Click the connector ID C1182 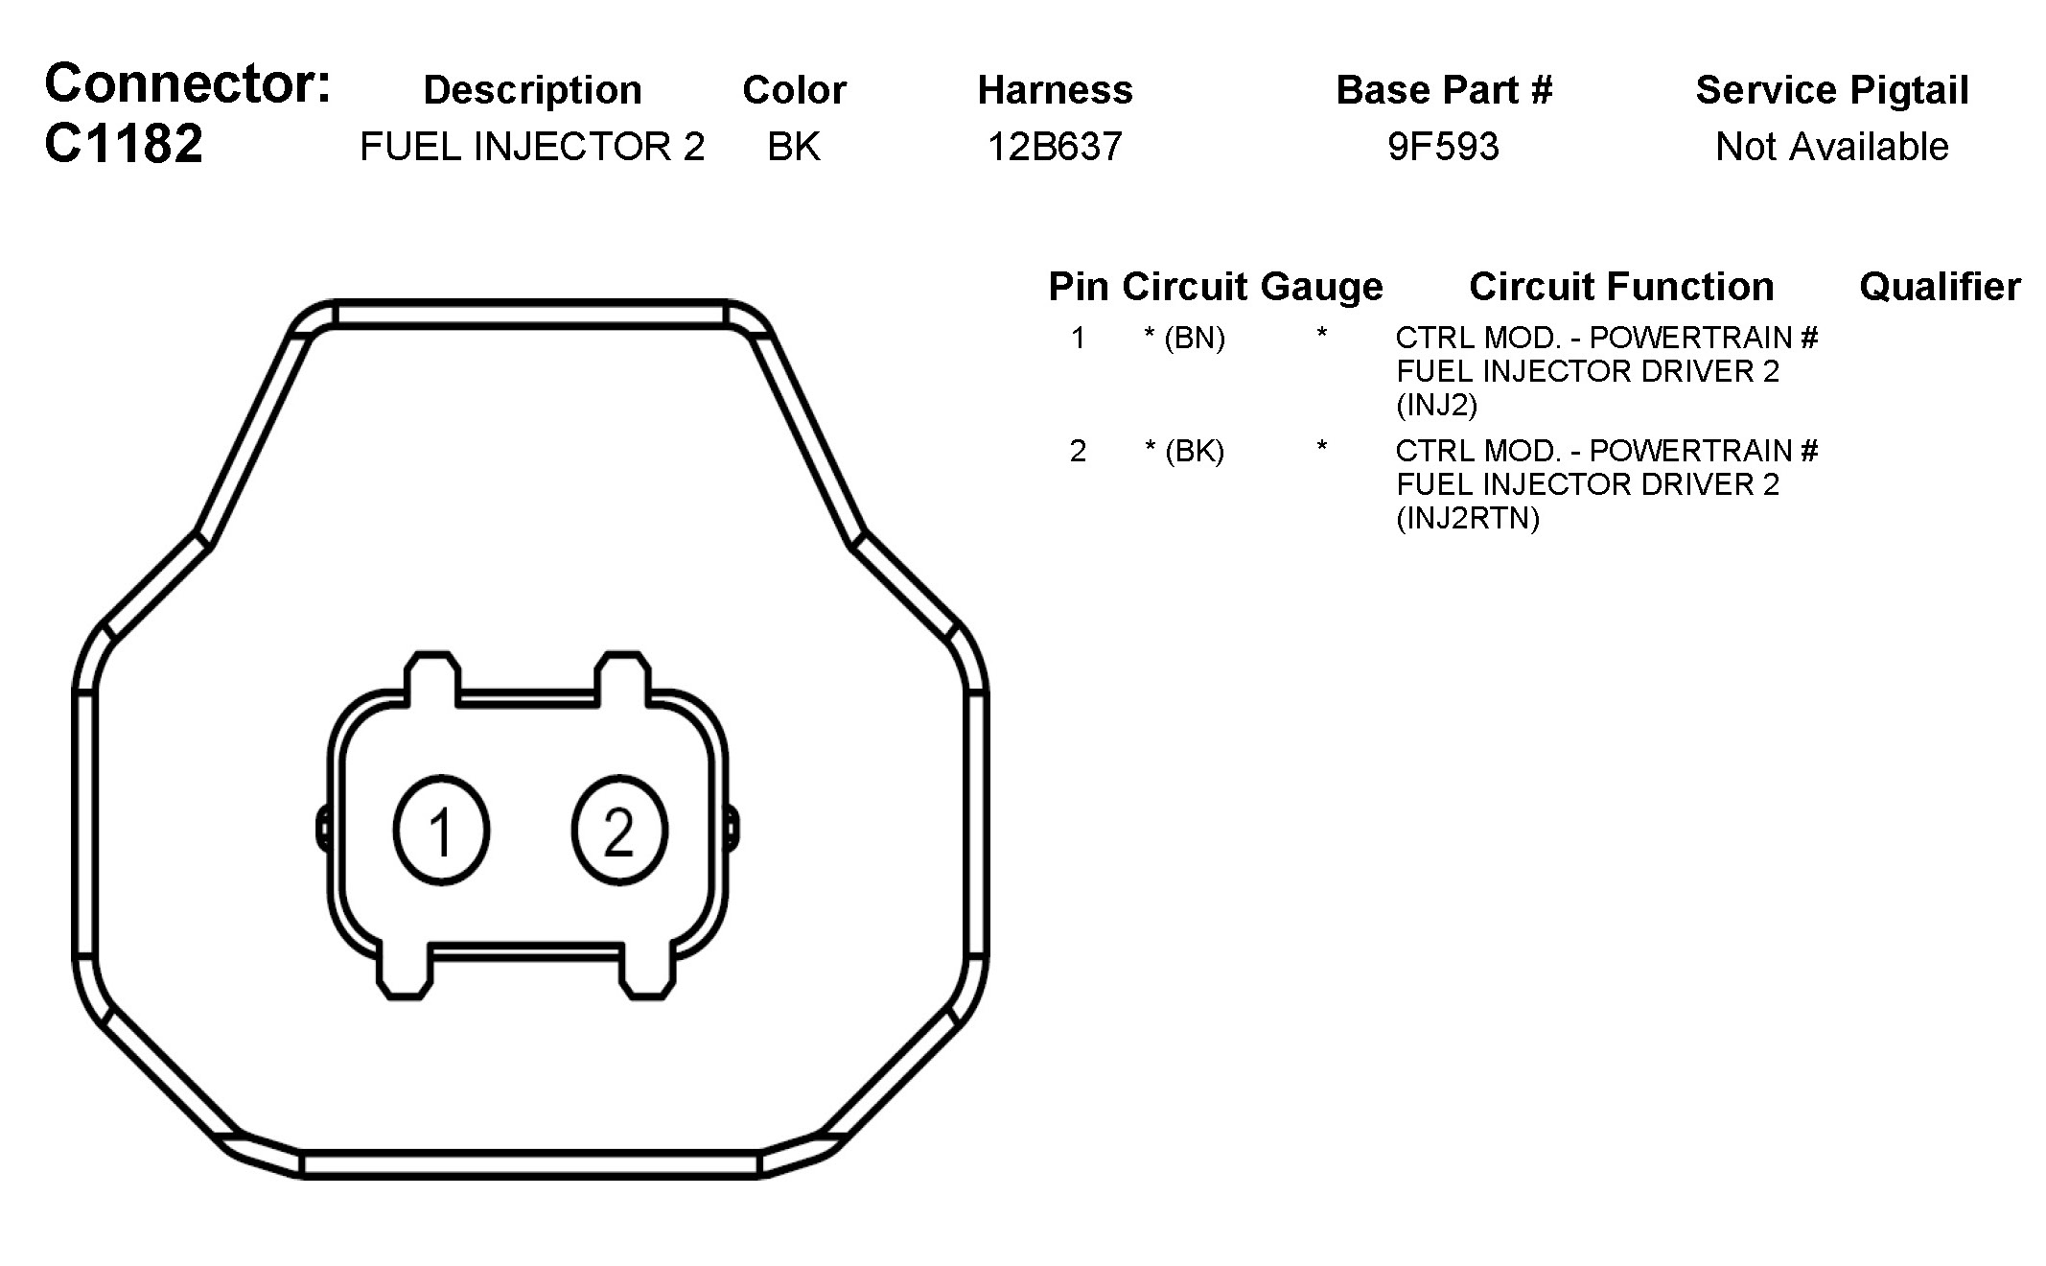pyautogui.click(x=124, y=144)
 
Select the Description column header pyautogui.click(x=532, y=90)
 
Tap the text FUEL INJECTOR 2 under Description pyautogui.click(x=532, y=147)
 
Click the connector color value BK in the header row pyautogui.click(x=794, y=147)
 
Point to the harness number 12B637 pyautogui.click(x=1055, y=147)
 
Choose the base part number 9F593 pyautogui.click(x=1443, y=147)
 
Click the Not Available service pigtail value pyautogui.click(x=1831, y=147)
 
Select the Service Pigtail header pyautogui.click(x=1832, y=90)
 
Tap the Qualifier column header pyautogui.click(x=1940, y=287)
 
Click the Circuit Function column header pyautogui.click(x=1621, y=287)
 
